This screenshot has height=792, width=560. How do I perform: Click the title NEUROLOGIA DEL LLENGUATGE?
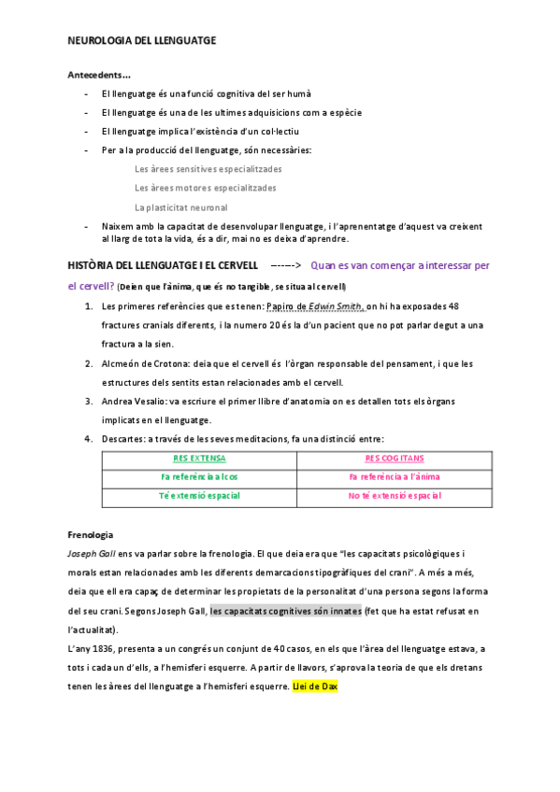pos(142,42)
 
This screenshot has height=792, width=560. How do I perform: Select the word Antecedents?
pos(96,75)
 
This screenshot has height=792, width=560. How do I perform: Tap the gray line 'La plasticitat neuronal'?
pos(181,207)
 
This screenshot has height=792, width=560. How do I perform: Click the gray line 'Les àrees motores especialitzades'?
pos(206,188)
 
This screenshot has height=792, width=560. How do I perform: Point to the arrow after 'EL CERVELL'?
pos(285,265)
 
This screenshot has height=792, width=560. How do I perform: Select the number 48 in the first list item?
pos(453,305)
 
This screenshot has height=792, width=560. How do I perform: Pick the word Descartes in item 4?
pos(122,439)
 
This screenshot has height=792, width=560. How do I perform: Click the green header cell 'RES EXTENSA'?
pos(199,459)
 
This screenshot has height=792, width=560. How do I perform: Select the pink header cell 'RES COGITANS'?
pos(395,459)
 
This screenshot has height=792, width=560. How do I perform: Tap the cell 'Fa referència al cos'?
pos(199,477)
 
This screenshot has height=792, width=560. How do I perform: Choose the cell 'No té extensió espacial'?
pos(395,496)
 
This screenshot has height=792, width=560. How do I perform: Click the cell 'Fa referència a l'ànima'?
pos(395,477)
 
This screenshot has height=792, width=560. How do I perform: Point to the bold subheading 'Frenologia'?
pos(91,534)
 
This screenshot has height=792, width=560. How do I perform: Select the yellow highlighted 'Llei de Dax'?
pos(314,686)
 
